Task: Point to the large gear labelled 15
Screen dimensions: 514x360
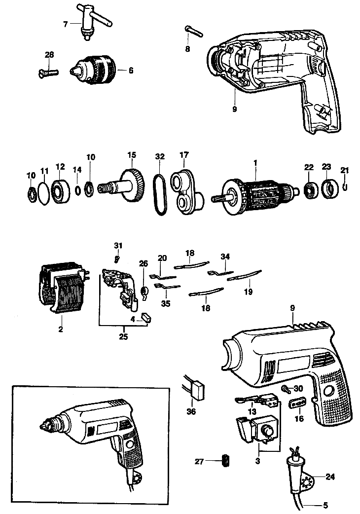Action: [133, 185]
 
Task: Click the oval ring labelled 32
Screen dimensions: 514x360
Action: [159, 195]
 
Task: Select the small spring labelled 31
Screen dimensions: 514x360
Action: [117, 258]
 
